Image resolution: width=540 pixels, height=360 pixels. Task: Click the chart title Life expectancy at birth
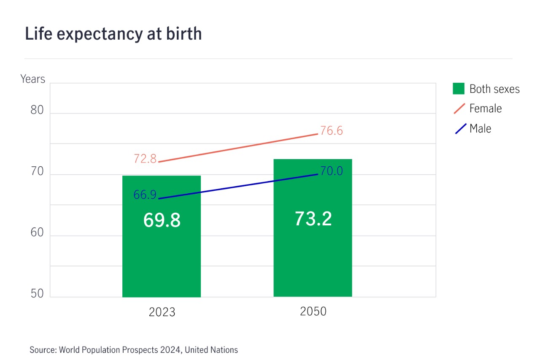click(x=113, y=34)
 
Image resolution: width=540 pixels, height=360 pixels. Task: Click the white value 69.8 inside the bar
click(x=162, y=220)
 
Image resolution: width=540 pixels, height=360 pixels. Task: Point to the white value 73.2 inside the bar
click(x=313, y=219)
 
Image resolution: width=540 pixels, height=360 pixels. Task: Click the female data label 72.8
click(x=145, y=159)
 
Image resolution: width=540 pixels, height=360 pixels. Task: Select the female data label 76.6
click(x=331, y=131)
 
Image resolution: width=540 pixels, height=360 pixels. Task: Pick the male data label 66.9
click(x=145, y=195)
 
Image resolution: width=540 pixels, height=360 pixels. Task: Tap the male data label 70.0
click(x=331, y=171)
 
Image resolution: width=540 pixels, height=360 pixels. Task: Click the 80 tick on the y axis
click(x=37, y=110)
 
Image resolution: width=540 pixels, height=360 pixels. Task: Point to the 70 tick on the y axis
click(x=37, y=171)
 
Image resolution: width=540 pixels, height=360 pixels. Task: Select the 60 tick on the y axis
click(x=37, y=233)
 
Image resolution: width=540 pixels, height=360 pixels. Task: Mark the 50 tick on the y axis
click(x=37, y=294)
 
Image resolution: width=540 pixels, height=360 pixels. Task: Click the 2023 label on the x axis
click(x=162, y=312)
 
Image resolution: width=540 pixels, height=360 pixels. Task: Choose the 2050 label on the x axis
click(x=313, y=311)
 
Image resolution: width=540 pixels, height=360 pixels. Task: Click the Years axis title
click(x=32, y=79)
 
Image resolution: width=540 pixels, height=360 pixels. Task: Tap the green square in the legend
click(x=459, y=89)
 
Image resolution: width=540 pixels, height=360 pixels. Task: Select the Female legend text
click(x=485, y=108)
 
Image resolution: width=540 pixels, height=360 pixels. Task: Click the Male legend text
click(x=480, y=128)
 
